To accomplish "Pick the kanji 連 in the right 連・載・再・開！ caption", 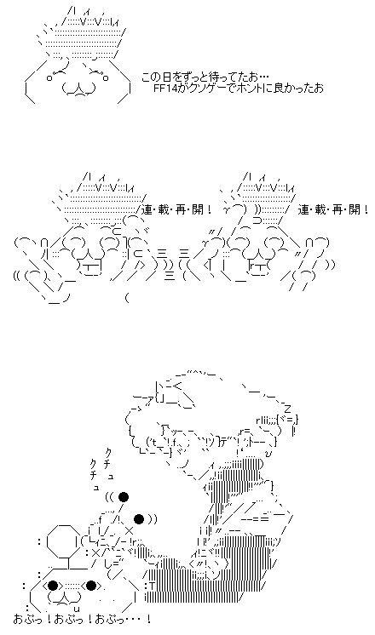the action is coord(303,209).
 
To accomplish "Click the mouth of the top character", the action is coord(78,89).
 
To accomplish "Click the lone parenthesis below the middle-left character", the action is coord(127,300).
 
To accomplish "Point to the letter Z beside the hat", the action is coord(287,409).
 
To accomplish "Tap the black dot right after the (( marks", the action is coord(124,496).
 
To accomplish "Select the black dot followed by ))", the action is coord(139,518).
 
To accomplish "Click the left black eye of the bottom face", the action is coord(52,586).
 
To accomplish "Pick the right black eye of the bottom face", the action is coord(91,586).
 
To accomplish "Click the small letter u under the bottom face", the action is coord(77,609).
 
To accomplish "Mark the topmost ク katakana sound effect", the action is coord(108,452).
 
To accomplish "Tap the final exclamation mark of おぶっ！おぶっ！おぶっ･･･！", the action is coord(149,619).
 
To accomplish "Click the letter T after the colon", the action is coord(152,586).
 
